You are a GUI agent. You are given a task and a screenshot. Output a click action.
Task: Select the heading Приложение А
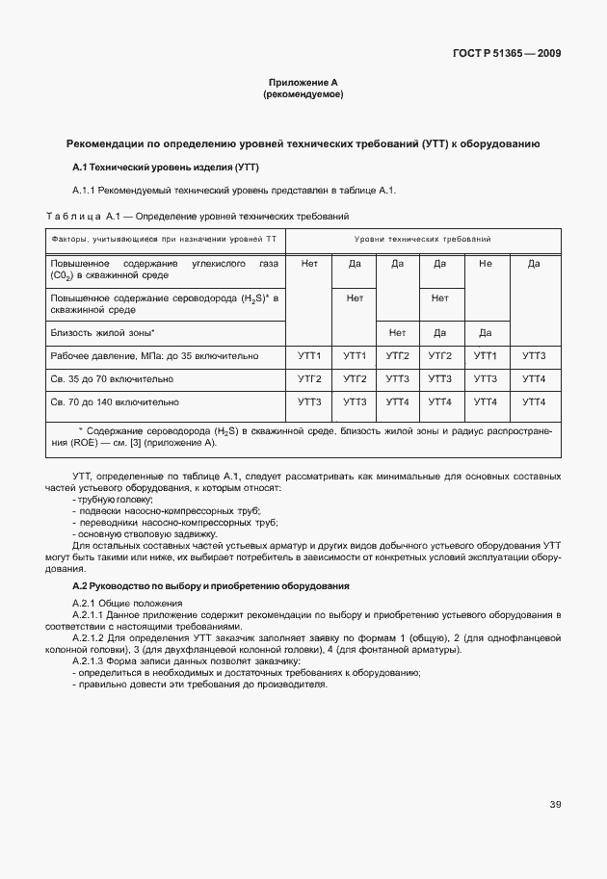click(303, 83)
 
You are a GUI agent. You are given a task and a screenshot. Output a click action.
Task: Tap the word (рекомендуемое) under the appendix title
click(303, 95)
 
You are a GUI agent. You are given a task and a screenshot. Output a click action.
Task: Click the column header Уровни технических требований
click(423, 238)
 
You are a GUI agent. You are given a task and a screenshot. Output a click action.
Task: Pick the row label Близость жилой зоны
click(102, 332)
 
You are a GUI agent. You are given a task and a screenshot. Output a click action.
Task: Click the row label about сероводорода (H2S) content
click(163, 304)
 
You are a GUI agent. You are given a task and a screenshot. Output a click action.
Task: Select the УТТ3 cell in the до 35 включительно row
click(533, 356)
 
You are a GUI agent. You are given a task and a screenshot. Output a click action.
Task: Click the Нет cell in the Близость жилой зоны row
click(397, 332)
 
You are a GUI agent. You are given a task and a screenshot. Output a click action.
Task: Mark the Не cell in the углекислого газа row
click(486, 263)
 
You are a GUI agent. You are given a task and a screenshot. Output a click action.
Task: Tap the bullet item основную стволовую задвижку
click(145, 534)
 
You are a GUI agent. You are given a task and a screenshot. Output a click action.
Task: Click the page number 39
click(555, 805)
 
